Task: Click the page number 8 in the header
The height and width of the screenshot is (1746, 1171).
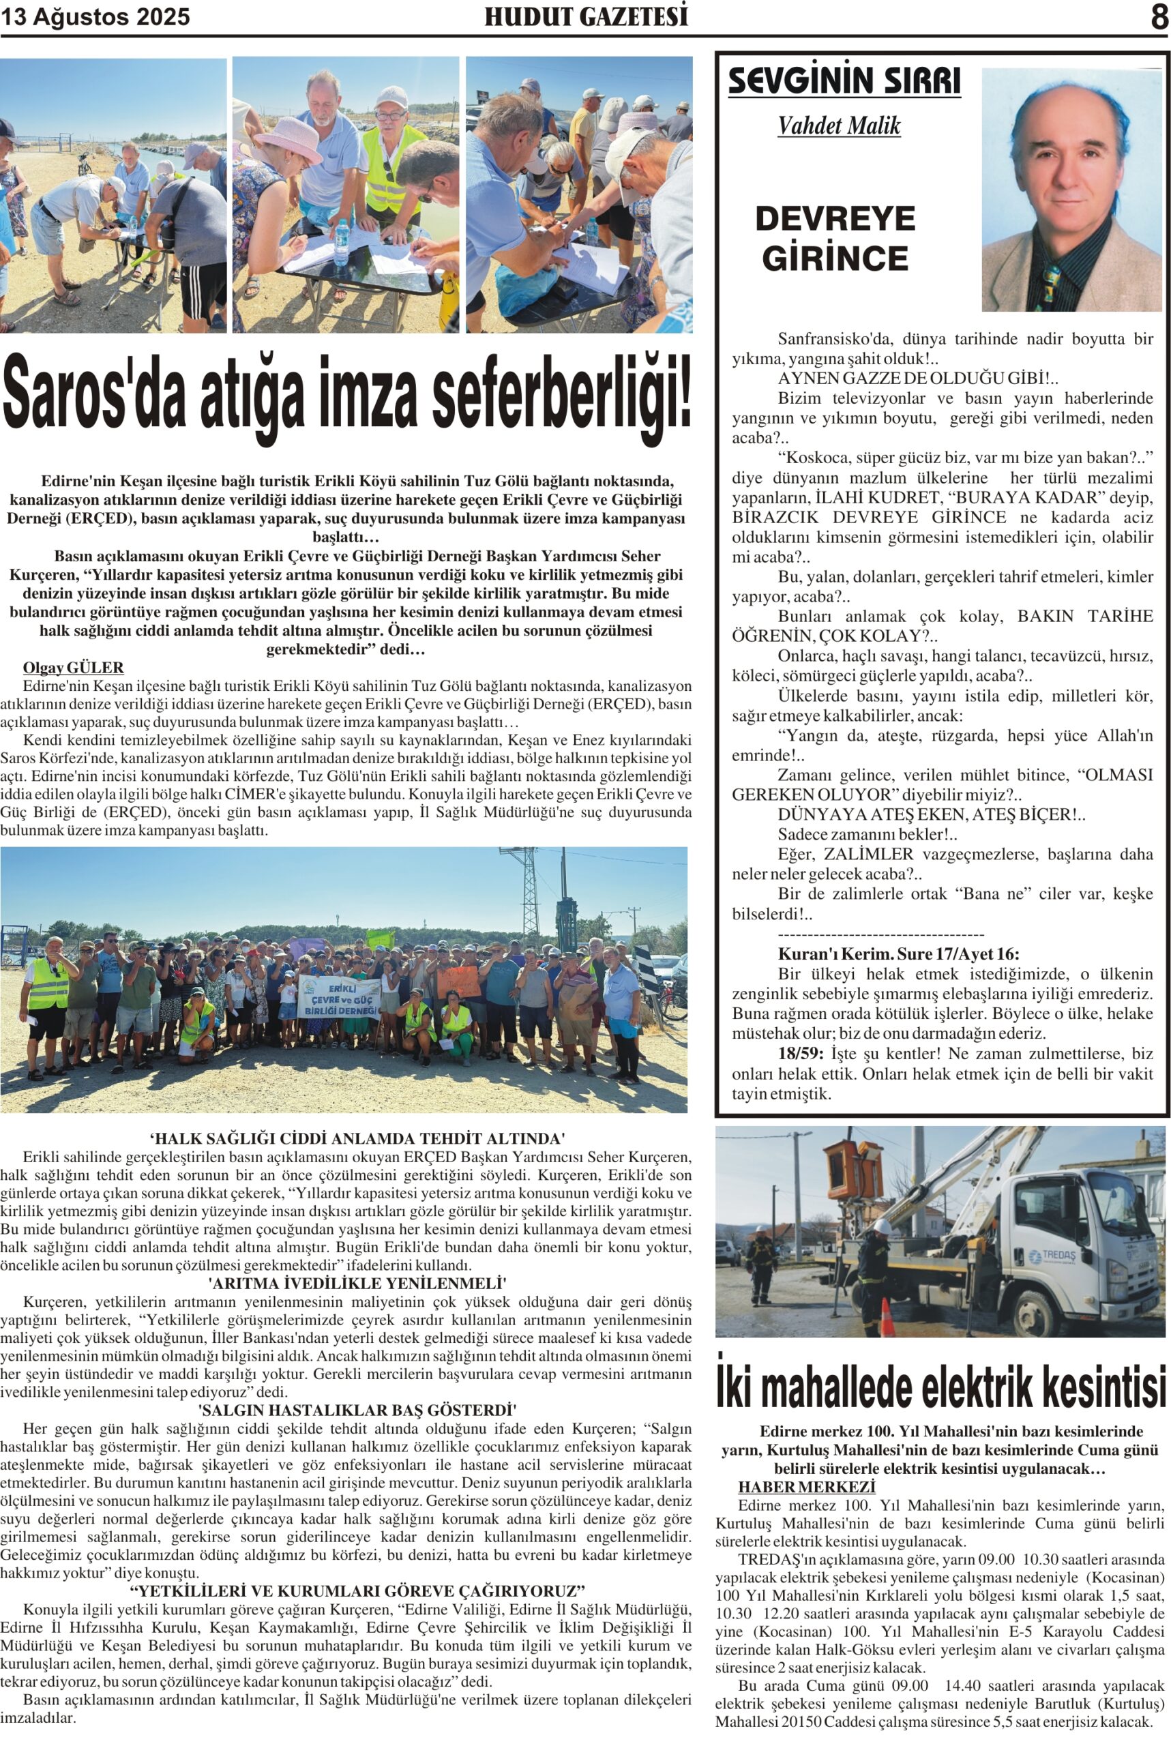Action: click(1158, 16)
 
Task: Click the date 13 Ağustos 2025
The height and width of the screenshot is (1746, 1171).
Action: click(95, 17)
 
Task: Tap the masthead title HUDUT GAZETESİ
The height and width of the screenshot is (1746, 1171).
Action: click(587, 16)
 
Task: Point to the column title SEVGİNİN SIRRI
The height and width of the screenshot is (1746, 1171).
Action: click(844, 81)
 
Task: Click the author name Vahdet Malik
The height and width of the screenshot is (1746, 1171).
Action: click(839, 125)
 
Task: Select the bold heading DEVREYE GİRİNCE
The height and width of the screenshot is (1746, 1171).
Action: click(835, 238)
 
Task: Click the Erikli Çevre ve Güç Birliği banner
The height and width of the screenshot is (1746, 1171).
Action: click(339, 998)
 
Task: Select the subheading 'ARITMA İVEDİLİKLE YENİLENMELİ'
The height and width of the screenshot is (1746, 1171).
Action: click(357, 1283)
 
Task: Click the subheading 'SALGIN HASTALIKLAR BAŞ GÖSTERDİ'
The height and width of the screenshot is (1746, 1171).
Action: click(357, 1410)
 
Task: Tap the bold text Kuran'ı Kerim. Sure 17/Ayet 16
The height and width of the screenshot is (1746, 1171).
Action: click(898, 954)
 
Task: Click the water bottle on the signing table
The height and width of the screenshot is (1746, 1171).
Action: click(341, 242)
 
